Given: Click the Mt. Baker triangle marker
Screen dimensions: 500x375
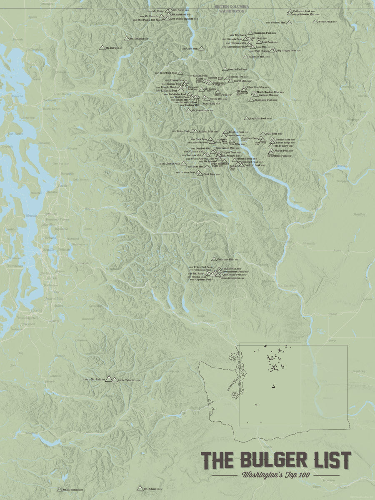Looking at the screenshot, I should tap(102, 47).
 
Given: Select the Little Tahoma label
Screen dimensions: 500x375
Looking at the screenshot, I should tap(127, 380).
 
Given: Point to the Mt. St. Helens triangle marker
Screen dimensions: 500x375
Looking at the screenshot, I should tap(59, 490).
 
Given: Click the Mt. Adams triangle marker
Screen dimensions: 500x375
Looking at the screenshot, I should tap(140, 488).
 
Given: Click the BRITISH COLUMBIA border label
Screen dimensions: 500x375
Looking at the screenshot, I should tap(232, 7).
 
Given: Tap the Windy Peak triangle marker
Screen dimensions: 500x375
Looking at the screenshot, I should tap(315, 21).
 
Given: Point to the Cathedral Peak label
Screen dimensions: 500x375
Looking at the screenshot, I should tap(303, 11).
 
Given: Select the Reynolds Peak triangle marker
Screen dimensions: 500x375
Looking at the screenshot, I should tap(247, 118).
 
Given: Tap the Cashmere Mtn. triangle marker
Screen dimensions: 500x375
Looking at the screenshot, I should tap(214, 259).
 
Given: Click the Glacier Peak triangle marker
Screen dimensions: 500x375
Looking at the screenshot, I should tap(183, 164).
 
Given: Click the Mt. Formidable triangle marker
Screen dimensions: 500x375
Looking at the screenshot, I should tap(188, 110).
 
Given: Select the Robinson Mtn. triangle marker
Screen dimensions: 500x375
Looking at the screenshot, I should tap(245, 56).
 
